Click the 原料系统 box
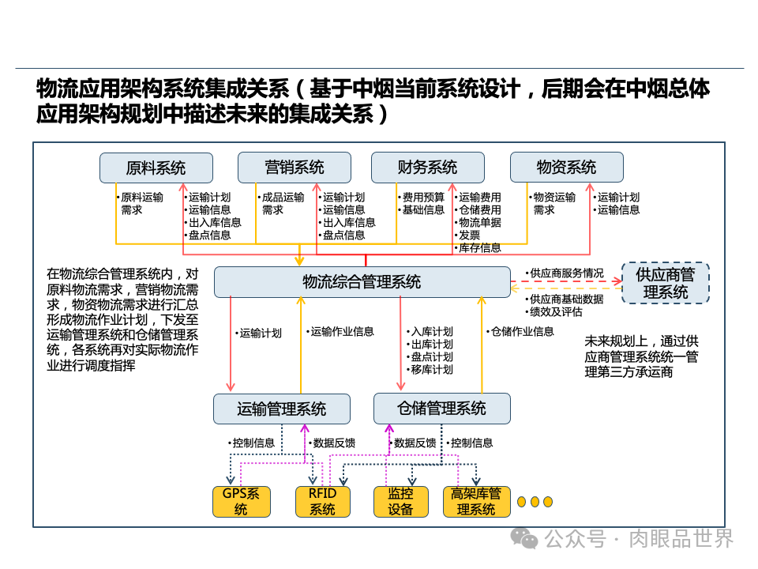tap(156, 168)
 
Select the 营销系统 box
tap(294, 168)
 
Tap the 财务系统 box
tap(427, 168)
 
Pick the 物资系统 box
tap(566, 168)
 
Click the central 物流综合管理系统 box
tap(362, 282)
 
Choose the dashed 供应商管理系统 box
tap(665, 283)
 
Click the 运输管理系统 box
tap(281, 409)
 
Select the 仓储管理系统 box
tap(441, 409)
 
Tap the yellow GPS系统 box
tap(241, 502)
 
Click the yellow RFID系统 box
tap(322, 502)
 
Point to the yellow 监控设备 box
tap(400, 502)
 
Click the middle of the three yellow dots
tap(535, 502)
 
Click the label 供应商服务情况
tap(566, 273)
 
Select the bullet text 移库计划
tap(432, 370)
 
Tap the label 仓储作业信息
tap(522, 332)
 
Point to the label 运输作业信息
tap(342, 332)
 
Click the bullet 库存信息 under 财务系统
tap(479, 248)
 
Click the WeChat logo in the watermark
tap(523, 538)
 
